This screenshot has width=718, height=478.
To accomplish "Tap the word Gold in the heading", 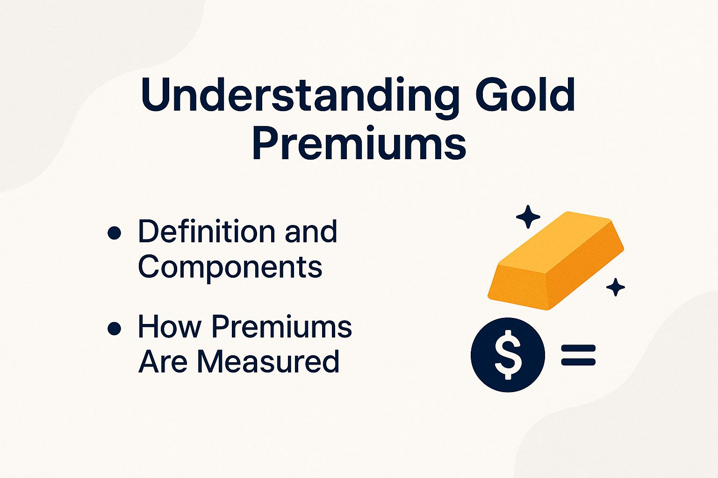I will pyautogui.click(x=525, y=95).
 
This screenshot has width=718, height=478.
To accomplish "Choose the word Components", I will pyautogui.click(x=230, y=267).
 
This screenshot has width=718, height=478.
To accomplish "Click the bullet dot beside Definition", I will pyautogui.click(x=114, y=232).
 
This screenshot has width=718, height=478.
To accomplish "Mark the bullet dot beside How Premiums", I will pyautogui.click(x=114, y=329).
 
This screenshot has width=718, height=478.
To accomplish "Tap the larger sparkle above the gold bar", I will pyautogui.click(x=528, y=217).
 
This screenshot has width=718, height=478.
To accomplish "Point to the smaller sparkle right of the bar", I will pyautogui.click(x=615, y=287).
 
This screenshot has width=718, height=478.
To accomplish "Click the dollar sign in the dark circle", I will pyautogui.click(x=508, y=354).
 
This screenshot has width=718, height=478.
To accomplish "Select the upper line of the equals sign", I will pyautogui.click(x=578, y=348).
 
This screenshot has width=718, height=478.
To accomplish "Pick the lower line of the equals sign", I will pyautogui.click(x=578, y=361).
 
